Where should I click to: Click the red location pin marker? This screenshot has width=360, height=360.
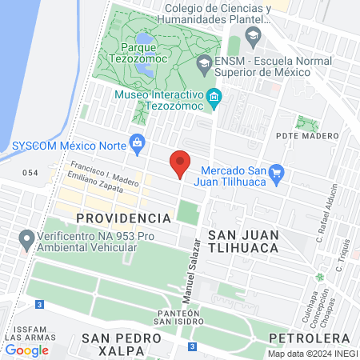click(180, 163)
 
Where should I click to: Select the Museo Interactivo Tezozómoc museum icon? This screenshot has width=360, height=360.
click(214, 97)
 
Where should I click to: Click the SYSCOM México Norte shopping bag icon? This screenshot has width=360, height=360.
click(138, 143)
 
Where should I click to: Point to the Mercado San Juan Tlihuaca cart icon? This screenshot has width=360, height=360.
click(277, 171)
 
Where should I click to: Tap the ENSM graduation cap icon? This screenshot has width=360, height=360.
click(205, 62)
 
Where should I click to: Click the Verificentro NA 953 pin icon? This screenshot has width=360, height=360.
click(26, 238)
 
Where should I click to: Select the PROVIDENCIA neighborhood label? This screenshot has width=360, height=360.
click(123, 218)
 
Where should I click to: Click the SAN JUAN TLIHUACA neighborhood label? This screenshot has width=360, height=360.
click(242, 241)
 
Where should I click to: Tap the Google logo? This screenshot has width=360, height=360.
click(26, 350)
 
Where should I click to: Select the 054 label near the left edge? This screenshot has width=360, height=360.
click(30, 173)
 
